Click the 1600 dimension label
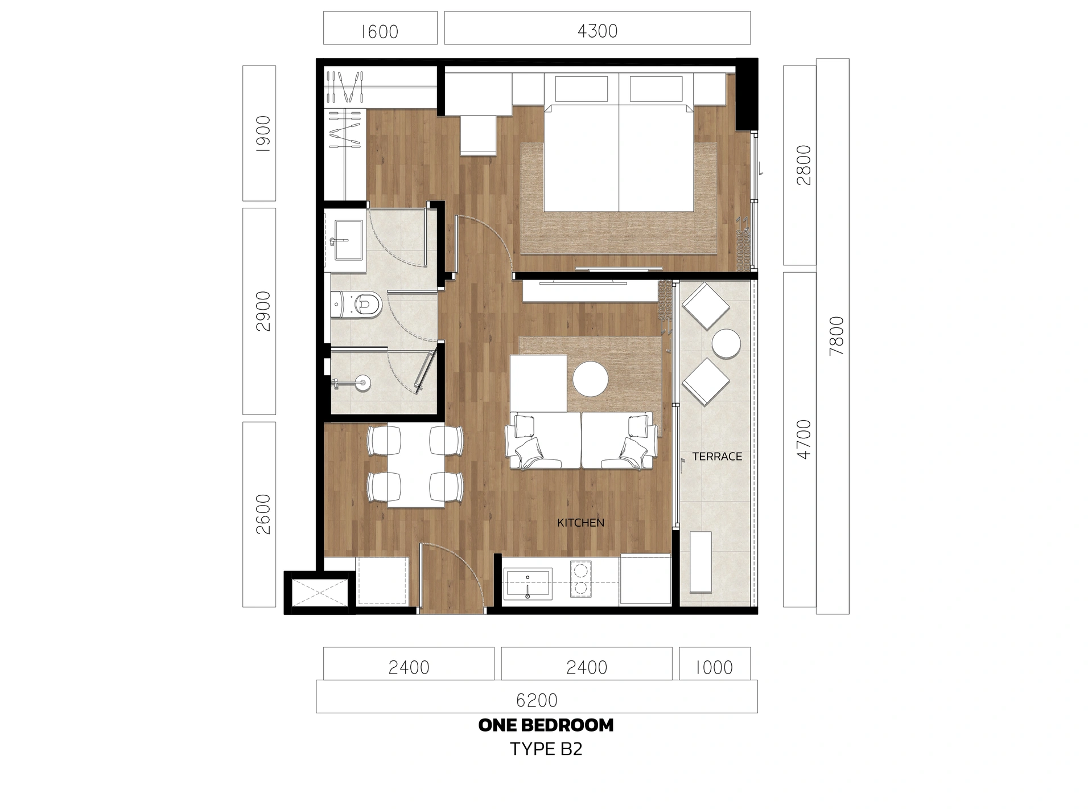click(x=380, y=31)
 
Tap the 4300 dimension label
click(x=597, y=31)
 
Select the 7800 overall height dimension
click(x=836, y=336)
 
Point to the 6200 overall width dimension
click(x=536, y=700)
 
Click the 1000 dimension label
click(x=714, y=667)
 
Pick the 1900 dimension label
click(x=263, y=134)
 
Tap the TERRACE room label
click(x=717, y=456)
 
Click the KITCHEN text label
click(x=580, y=523)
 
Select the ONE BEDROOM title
click(x=546, y=725)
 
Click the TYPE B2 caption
click(x=546, y=749)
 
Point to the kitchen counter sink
click(x=528, y=584)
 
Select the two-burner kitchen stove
click(x=580, y=580)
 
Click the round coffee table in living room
click(x=590, y=379)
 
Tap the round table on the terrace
click(x=726, y=344)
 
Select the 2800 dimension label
click(x=803, y=165)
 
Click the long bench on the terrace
click(x=700, y=562)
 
